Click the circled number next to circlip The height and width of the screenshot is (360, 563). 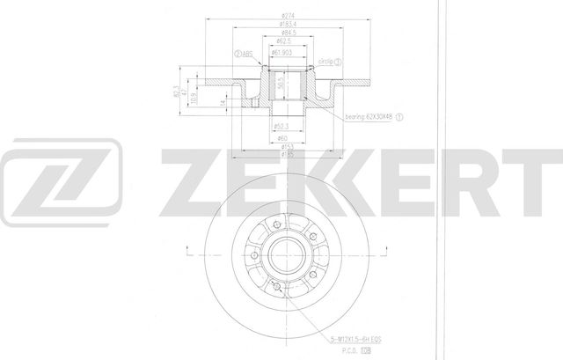(x=338, y=62)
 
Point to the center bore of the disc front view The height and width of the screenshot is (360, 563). (x=283, y=256)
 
